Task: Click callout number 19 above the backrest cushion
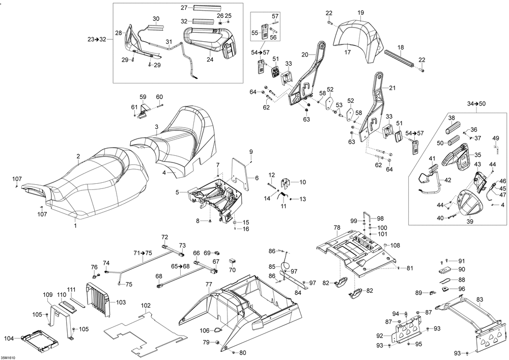pos(360,13)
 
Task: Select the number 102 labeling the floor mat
pos(146,306)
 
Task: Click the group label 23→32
pos(97,39)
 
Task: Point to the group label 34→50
pos(476,104)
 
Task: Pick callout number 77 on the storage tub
pos(209,284)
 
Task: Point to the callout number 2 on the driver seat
pos(78,156)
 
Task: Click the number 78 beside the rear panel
pos(336,228)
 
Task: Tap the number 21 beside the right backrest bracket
pos(391,88)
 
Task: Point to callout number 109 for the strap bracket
pos(48,295)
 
